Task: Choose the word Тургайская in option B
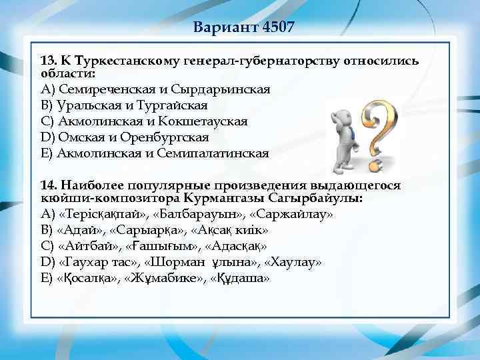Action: (x=172, y=105)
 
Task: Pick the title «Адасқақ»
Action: (x=238, y=246)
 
